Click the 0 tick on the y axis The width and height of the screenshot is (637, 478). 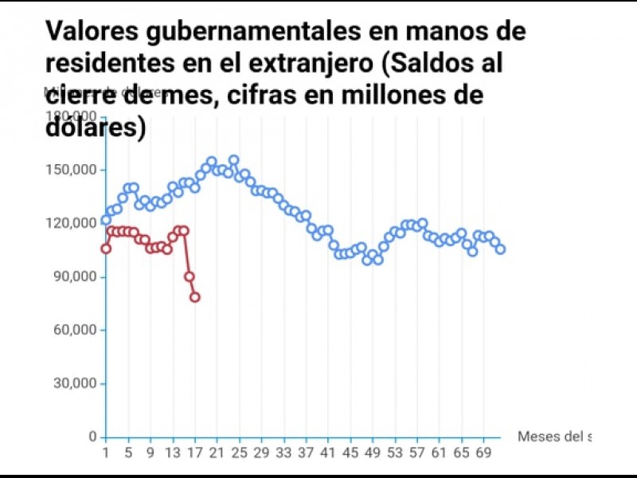point(92,437)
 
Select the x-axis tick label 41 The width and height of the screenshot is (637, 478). point(328,453)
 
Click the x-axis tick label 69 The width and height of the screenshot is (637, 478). point(483,453)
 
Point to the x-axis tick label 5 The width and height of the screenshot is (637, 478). point(128,453)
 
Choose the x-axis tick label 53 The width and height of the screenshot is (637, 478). point(395,453)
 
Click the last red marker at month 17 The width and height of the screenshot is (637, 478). point(195,297)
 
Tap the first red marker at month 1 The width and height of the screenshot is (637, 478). point(106,249)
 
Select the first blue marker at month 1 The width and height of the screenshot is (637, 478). point(106,220)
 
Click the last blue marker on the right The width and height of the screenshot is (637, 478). point(500,249)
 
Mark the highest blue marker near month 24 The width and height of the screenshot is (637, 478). point(233,160)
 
